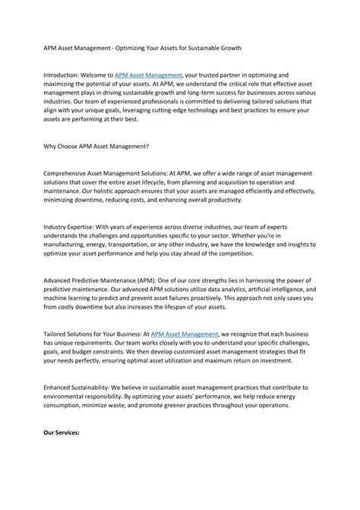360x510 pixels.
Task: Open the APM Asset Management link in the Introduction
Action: click(x=149, y=76)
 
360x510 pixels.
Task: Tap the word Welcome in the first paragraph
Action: click(x=97, y=76)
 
